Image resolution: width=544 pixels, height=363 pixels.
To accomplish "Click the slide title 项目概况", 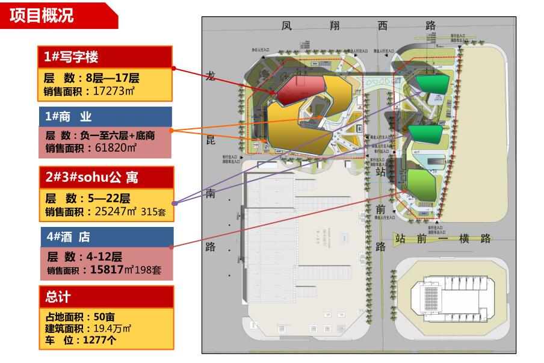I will tap(42, 16).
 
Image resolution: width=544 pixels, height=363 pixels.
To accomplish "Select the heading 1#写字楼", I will tap(71, 57).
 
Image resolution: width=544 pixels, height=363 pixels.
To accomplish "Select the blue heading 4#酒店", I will tap(67, 237).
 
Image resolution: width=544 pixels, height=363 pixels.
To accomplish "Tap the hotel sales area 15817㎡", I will tap(107, 270).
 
